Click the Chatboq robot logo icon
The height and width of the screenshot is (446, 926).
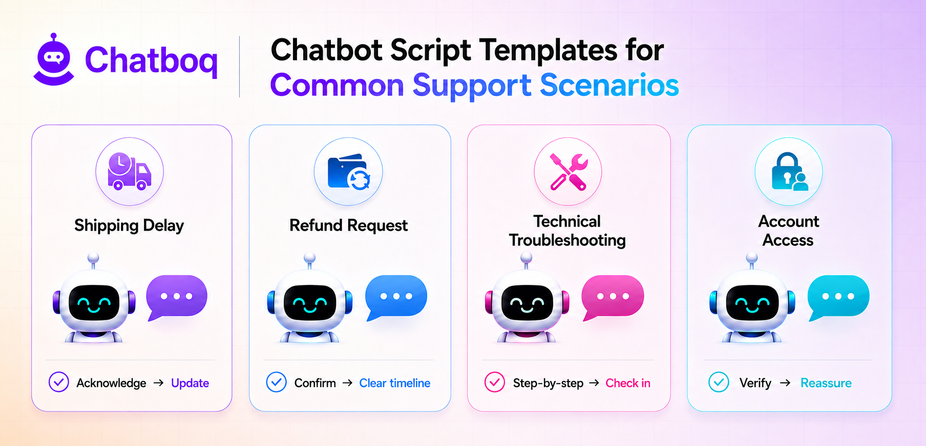coord(54,59)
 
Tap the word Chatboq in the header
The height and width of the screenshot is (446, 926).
coord(151,61)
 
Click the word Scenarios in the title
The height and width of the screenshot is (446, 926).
coord(609,85)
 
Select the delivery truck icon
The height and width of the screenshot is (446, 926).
coord(129,171)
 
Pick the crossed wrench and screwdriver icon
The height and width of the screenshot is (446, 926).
coord(568,172)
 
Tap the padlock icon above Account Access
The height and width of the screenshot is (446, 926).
coord(789,172)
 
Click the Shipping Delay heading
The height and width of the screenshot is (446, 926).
coord(129,226)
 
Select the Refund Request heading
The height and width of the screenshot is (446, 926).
coord(348,226)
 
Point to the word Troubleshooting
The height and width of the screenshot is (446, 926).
coord(567,240)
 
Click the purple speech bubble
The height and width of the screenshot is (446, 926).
coord(176,297)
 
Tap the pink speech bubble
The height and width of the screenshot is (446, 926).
coord(613,297)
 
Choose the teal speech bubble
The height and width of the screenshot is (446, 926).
coord(838,297)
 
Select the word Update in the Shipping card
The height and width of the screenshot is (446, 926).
coord(190,383)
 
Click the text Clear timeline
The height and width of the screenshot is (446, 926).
coord(395,383)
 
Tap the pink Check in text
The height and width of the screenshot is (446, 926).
coord(628,383)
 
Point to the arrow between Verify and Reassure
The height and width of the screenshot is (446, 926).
coord(785,383)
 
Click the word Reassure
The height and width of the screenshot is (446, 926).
coord(826,383)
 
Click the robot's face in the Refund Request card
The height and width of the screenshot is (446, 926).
coord(310,302)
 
